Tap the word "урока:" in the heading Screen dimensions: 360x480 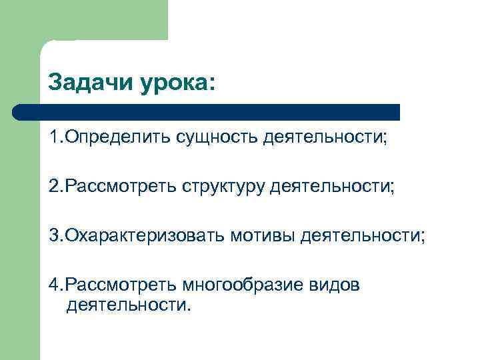[x=178, y=85]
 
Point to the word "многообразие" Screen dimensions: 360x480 [x=243, y=286]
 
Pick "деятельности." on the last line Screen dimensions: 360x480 [x=128, y=306]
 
